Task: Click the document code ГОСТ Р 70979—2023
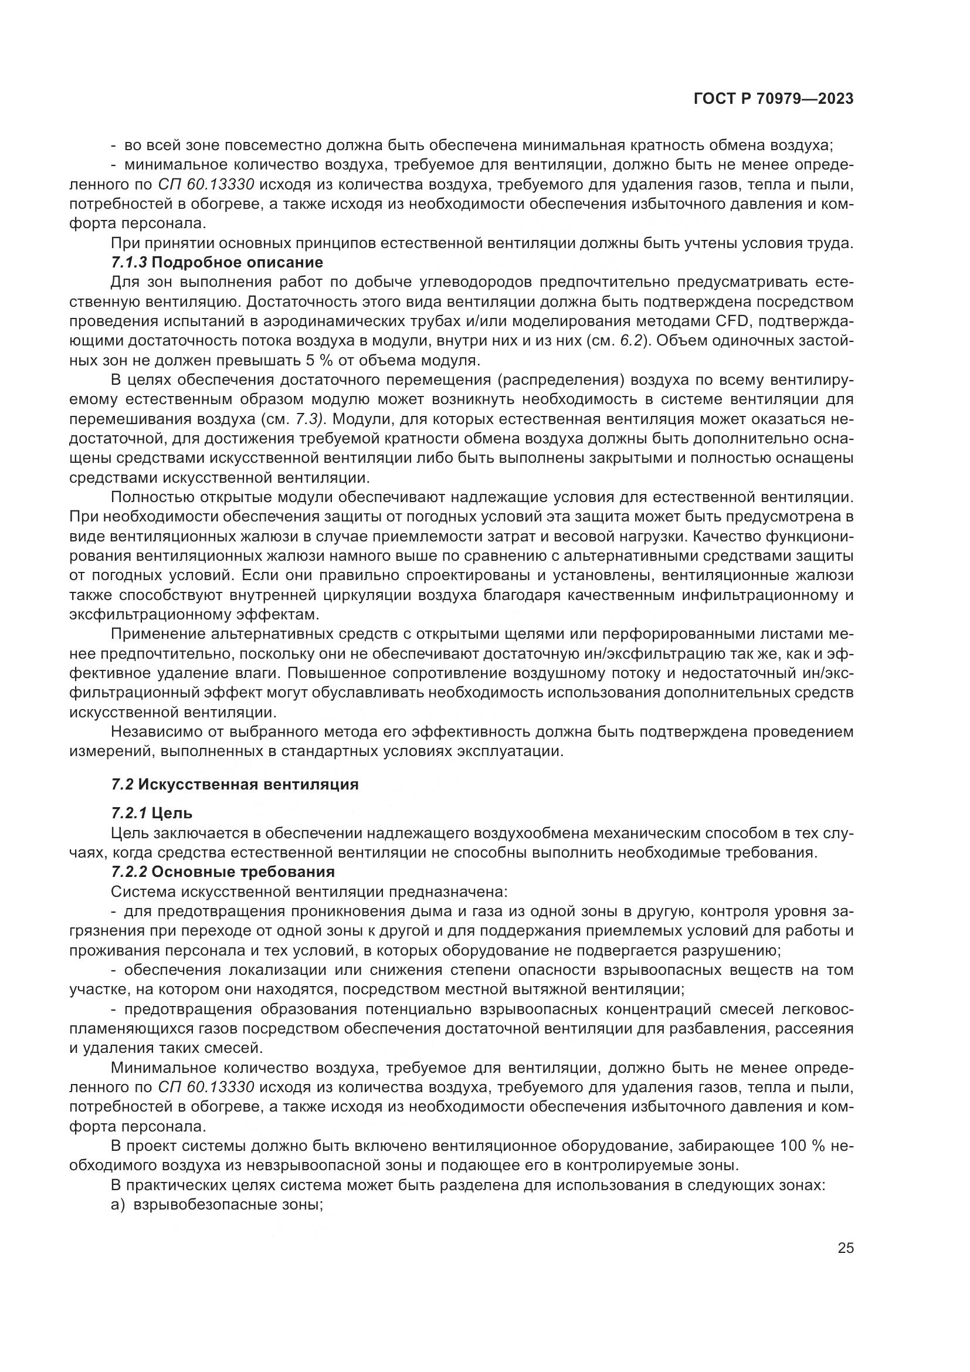[773, 99]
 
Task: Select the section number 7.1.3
[129, 262]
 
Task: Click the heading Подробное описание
[237, 262]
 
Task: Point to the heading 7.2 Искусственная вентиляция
[235, 785]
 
